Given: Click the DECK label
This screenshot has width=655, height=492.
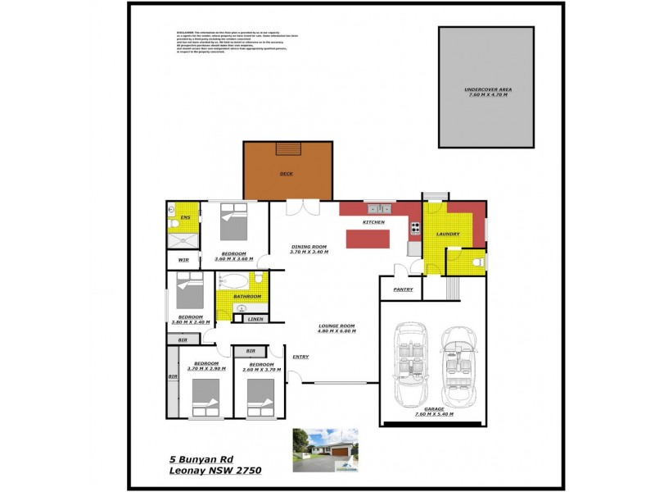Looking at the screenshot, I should tap(286, 174).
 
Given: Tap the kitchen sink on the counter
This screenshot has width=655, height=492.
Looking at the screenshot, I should tap(379, 208).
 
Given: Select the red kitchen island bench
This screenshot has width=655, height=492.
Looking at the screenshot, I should tap(369, 239).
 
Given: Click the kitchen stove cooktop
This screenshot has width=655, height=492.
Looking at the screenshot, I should tap(414, 229).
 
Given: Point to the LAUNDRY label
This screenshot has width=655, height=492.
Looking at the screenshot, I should tap(447, 235).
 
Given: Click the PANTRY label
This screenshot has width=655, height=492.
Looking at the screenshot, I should tap(403, 289).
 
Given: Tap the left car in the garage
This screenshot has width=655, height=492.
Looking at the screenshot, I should tap(412, 367).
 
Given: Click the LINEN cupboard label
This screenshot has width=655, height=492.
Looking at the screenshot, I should tap(255, 318).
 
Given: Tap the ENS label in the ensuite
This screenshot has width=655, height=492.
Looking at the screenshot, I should tap(185, 217).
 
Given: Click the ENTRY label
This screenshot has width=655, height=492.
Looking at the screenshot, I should tap(300, 357).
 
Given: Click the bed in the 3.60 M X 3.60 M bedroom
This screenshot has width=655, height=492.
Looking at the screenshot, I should tap(233, 222).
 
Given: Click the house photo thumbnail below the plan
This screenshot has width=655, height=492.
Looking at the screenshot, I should tap(325, 450).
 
